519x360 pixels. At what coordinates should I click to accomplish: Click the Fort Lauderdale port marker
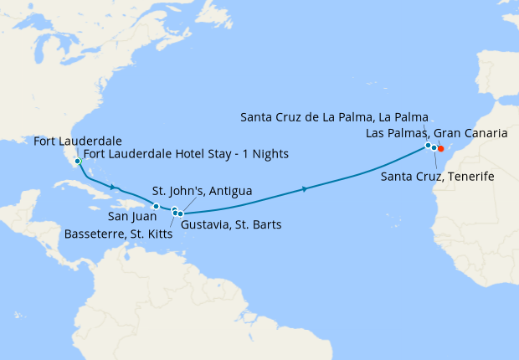coord(77,162)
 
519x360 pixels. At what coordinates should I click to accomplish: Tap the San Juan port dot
coord(155,206)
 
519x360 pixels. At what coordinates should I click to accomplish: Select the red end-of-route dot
coord(441,150)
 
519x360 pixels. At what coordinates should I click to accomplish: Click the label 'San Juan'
coord(131,217)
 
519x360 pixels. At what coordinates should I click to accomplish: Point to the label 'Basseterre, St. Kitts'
coord(118,234)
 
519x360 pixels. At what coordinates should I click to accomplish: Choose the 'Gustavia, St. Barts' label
coord(231,224)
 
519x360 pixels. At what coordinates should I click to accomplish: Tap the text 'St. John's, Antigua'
coord(202,191)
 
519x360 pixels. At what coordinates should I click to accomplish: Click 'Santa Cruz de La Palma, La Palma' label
coord(334,116)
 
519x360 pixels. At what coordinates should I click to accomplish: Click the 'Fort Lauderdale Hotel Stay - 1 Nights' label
coord(186,154)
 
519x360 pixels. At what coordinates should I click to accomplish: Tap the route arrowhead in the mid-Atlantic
coord(305,189)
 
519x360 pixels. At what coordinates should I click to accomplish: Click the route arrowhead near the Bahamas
coord(113,188)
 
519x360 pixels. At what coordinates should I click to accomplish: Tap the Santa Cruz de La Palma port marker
coord(428,146)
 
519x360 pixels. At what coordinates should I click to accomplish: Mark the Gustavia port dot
coord(180,214)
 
